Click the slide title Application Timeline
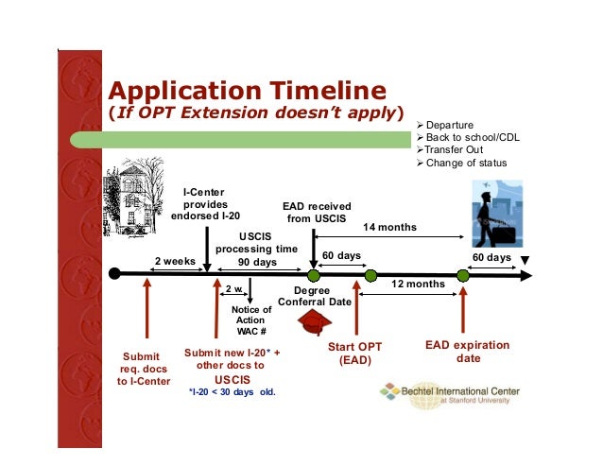tap(247, 91)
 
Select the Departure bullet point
tap(449, 125)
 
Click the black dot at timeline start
tap(114, 274)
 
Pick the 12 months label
tap(417, 284)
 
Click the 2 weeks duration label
tap(175, 261)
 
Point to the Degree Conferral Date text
tap(315, 296)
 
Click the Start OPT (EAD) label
tap(355, 354)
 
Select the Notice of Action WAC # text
tap(250, 320)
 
